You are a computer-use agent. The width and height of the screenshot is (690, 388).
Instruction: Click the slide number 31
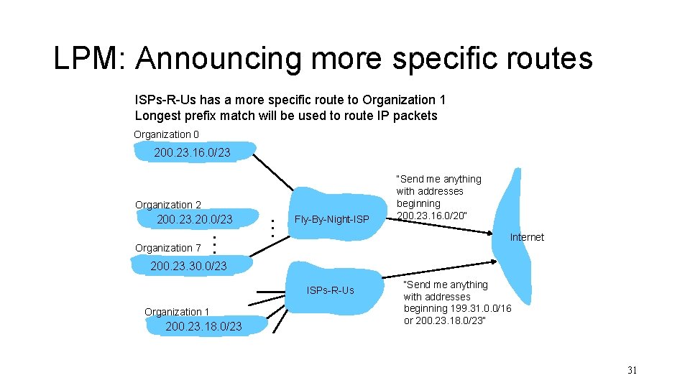coord(632,371)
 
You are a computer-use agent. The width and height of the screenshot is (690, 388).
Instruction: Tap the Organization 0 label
coord(166,134)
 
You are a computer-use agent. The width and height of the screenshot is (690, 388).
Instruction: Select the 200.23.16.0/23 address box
coord(192,152)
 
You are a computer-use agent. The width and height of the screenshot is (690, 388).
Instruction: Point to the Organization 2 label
coord(168,205)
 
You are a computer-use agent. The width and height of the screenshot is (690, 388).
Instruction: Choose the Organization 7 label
coord(168,248)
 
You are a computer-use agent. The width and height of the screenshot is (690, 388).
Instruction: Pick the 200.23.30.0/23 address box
coord(188,266)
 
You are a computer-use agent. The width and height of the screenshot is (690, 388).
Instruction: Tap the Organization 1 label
coord(177,312)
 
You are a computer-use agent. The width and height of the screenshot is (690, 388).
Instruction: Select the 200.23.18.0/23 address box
coord(203,327)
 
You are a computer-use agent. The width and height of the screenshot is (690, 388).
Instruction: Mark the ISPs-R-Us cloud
coord(331,290)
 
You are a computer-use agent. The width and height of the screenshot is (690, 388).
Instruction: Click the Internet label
coord(527,237)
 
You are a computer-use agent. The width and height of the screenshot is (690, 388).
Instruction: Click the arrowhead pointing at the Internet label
coord(492,232)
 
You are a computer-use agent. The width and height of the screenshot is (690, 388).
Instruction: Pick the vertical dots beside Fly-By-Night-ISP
coord(272,228)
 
